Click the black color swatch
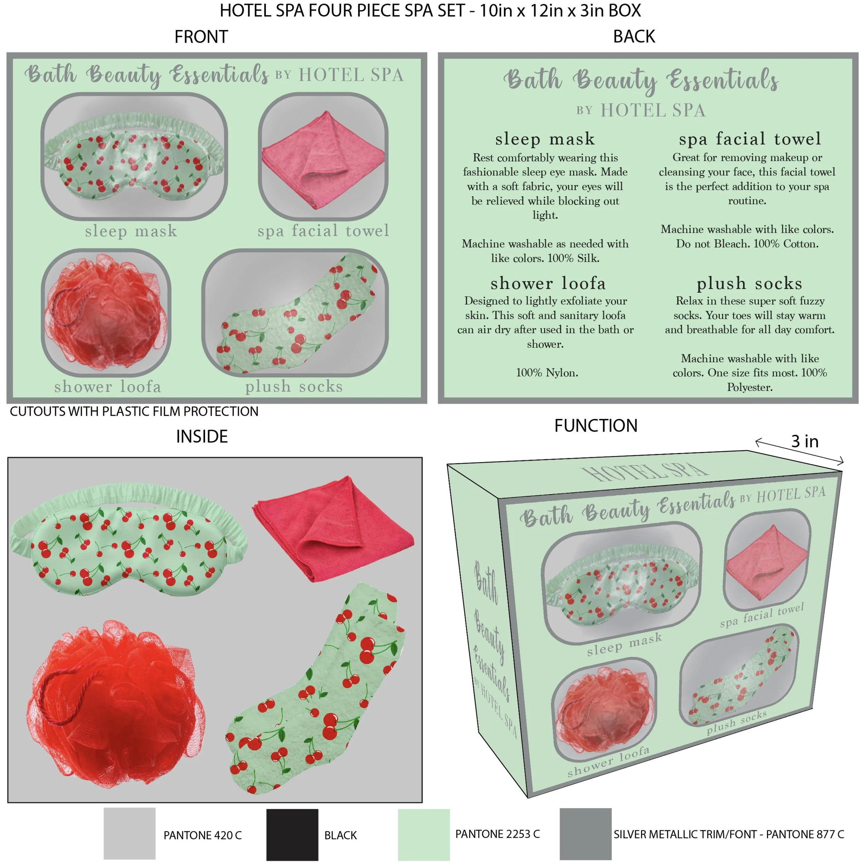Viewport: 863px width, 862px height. tap(292, 834)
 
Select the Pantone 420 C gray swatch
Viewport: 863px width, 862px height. tap(129, 833)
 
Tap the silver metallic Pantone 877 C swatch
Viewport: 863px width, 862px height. tap(585, 833)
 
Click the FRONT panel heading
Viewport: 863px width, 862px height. tap(201, 37)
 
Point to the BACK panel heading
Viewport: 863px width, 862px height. tap(634, 37)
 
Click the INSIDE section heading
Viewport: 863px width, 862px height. tap(202, 437)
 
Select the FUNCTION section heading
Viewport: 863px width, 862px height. tap(596, 425)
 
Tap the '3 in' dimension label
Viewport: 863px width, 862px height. tap(805, 441)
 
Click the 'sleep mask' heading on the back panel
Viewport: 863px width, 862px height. tap(545, 139)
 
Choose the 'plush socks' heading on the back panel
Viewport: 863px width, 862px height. tap(749, 283)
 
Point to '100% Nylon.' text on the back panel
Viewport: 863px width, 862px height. tap(547, 372)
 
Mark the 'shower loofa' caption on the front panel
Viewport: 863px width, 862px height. tap(108, 386)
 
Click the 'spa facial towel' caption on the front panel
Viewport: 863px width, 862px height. tap(323, 231)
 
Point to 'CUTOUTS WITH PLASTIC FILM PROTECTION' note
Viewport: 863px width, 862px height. tap(134, 411)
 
